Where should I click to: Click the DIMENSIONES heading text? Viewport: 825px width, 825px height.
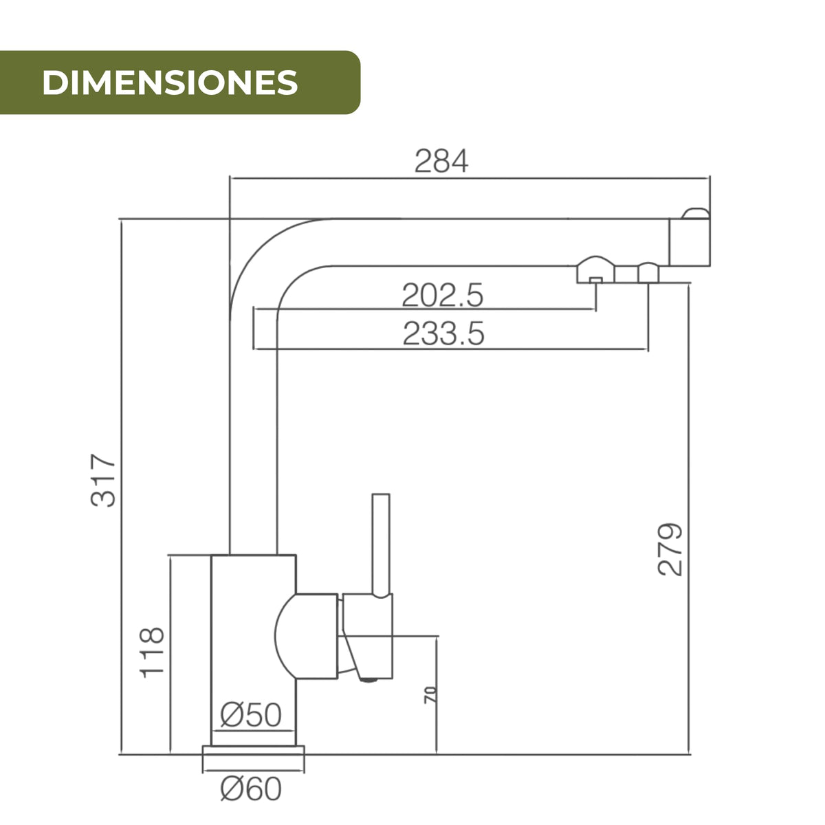[170, 82]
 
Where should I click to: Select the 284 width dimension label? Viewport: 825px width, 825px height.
[441, 161]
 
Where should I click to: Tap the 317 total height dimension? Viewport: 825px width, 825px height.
[103, 481]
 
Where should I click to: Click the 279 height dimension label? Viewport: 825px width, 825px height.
[670, 549]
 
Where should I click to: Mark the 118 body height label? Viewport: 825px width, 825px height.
[152, 652]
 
